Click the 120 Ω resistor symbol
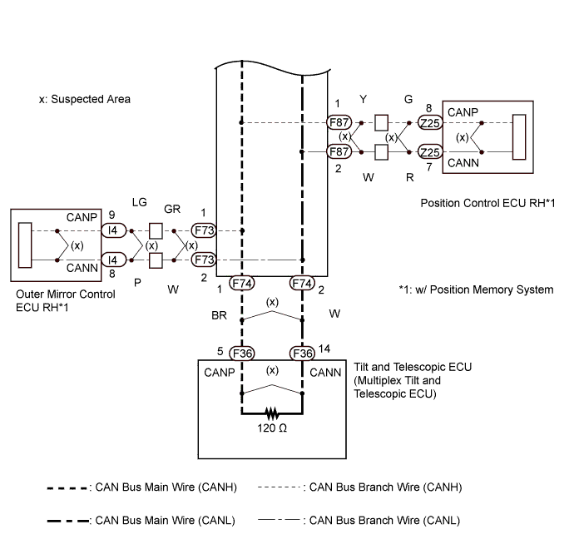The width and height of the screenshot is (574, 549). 271,413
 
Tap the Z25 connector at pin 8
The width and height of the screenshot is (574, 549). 429,122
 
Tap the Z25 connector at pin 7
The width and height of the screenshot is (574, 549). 429,152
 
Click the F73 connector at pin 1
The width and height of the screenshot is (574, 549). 203,230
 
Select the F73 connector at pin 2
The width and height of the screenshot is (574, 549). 203,260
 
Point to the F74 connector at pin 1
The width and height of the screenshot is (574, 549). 241,284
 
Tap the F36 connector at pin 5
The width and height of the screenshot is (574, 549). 241,353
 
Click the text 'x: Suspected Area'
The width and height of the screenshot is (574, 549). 84,99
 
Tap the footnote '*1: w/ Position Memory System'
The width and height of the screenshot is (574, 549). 476,289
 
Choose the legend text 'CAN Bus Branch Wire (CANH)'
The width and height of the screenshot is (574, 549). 385,487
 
